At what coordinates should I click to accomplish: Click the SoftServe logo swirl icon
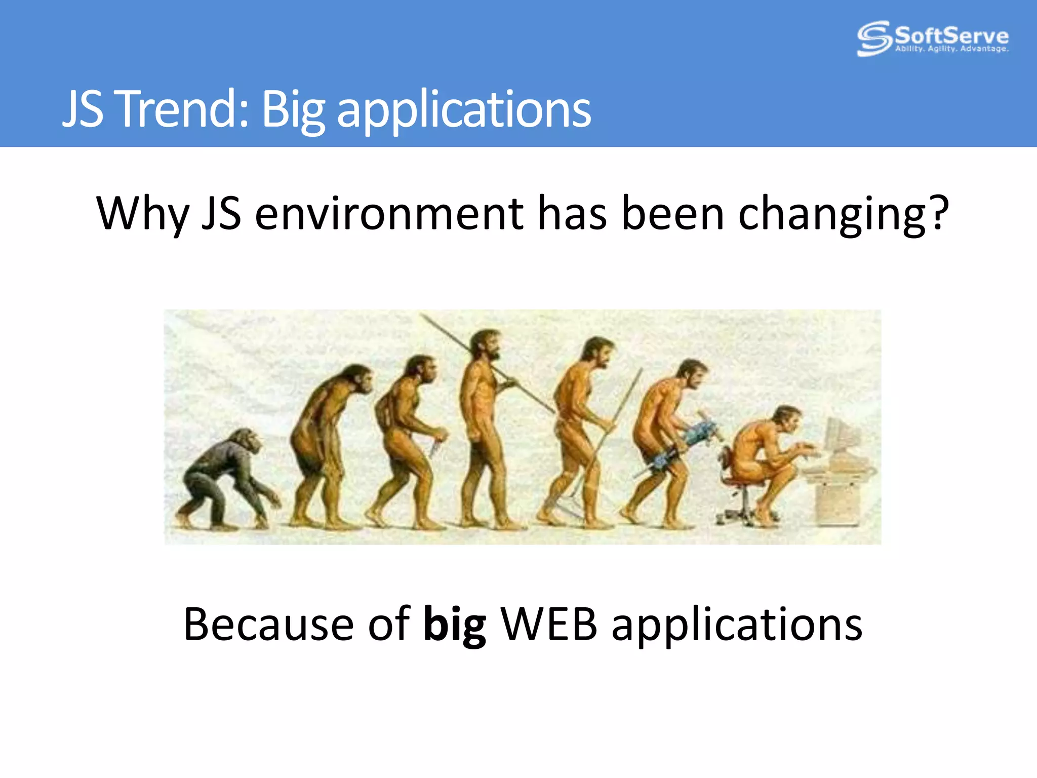click(874, 38)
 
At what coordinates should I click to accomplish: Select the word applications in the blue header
click(463, 110)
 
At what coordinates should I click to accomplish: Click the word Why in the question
click(142, 214)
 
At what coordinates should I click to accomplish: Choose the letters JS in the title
click(84, 108)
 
